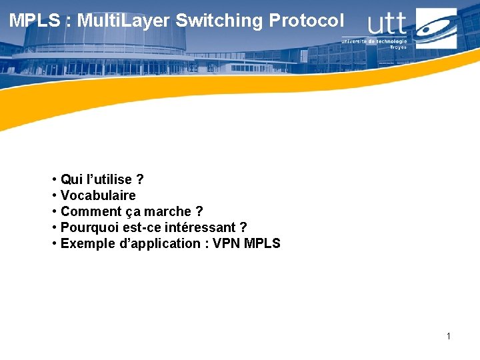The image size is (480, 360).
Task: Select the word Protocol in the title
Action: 307,21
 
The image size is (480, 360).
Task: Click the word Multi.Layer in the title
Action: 124,21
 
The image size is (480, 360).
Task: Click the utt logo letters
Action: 387,24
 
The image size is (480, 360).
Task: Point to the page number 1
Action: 449,336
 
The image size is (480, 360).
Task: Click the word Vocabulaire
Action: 98,195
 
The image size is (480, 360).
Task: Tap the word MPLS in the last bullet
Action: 263,243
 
